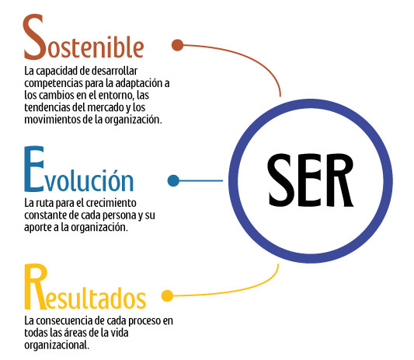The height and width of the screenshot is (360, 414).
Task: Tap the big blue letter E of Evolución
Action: click(x=34, y=169)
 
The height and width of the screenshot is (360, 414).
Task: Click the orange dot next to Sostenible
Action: click(x=177, y=45)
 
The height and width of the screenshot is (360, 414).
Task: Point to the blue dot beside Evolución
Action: click(x=173, y=180)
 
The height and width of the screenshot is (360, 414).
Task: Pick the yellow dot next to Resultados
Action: click(x=168, y=295)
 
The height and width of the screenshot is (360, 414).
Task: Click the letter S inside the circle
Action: click(x=281, y=180)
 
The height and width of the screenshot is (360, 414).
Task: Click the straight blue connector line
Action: click(x=201, y=181)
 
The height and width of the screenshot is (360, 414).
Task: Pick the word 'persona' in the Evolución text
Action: click(x=123, y=215)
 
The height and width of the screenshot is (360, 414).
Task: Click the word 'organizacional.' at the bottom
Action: click(x=57, y=345)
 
